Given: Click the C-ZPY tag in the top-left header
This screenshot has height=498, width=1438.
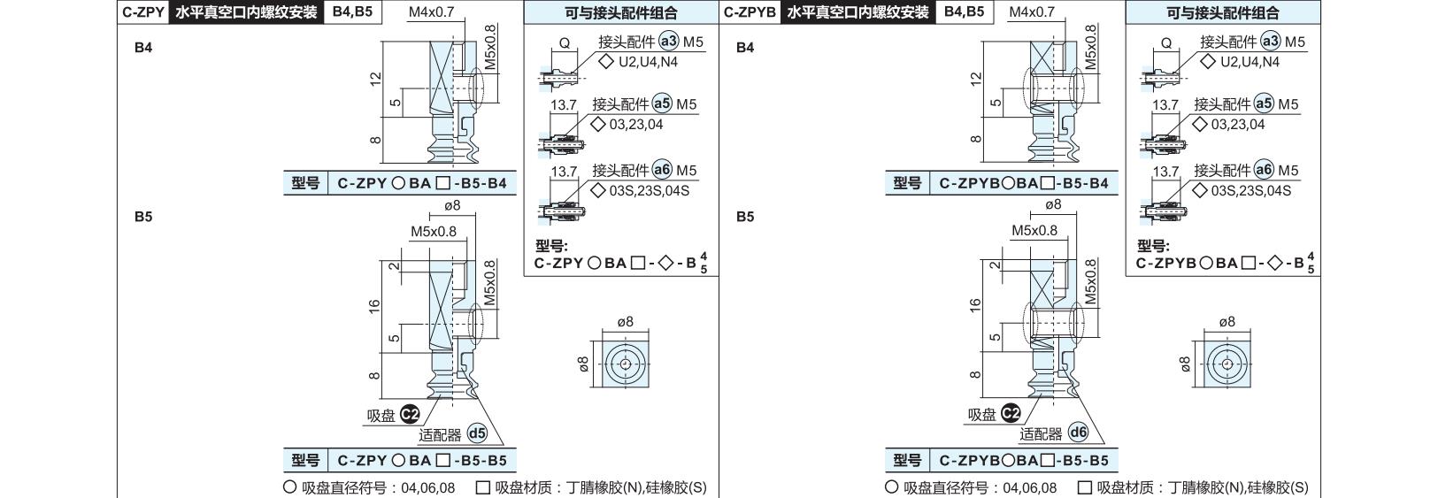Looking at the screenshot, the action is (x=143, y=12).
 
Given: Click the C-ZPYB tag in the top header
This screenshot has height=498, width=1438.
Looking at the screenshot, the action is (x=750, y=12).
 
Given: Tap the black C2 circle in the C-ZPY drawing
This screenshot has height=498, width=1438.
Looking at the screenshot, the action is (x=410, y=415).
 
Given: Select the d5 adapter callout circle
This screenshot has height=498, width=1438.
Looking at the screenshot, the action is (x=477, y=433).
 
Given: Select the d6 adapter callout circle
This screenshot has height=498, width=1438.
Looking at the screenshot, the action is (x=1079, y=433).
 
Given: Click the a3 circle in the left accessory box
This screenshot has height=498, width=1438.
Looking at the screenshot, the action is (x=669, y=41).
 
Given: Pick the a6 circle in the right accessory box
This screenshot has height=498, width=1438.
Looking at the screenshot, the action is (x=1264, y=170).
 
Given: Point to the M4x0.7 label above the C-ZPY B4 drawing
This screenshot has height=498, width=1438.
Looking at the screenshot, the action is (x=431, y=11).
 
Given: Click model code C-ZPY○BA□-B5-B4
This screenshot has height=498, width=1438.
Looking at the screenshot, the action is (x=422, y=183).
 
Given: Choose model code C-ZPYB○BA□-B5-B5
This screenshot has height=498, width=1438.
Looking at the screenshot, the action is (x=1024, y=461).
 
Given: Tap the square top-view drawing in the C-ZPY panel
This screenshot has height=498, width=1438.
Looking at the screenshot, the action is (x=626, y=364).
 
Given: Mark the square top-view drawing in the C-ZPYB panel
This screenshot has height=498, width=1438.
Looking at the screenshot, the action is (x=1227, y=364).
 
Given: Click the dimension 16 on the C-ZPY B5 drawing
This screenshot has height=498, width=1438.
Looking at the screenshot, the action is (x=374, y=307).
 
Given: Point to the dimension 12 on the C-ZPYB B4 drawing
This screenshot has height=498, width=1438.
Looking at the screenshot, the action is (x=976, y=79).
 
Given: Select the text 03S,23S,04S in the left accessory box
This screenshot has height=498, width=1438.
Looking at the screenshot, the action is (x=649, y=190).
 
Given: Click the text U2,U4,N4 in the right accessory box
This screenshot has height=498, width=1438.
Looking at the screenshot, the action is (x=1250, y=62).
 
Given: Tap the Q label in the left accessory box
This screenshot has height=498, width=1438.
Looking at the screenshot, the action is (x=565, y=43).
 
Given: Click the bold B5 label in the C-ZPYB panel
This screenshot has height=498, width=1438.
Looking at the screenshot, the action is (x=745, y=217).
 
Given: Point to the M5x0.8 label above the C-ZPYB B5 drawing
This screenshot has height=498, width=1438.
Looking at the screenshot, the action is (x=1034, y=230).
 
